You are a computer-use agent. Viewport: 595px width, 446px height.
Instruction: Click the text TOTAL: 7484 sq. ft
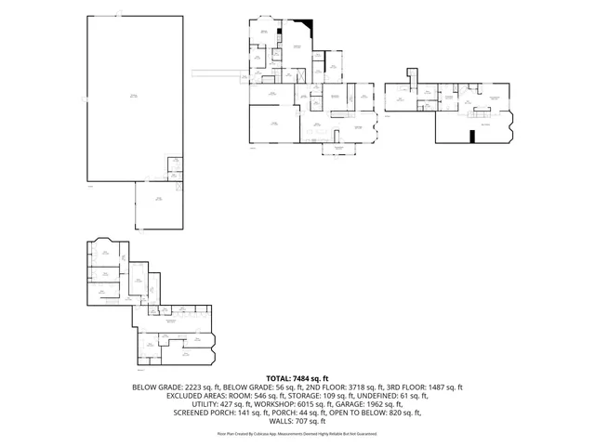297,378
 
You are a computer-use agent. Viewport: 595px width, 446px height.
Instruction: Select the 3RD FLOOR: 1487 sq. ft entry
430,387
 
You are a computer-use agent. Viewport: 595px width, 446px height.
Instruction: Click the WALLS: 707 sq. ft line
297,421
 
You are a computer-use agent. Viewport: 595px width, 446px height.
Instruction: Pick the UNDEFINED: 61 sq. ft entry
393,396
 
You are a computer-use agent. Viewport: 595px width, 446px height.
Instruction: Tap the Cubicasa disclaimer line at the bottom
297,433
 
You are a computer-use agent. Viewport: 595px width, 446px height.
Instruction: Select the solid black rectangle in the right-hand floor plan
472,137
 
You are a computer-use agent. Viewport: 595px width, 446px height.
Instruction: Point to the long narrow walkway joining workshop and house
219,72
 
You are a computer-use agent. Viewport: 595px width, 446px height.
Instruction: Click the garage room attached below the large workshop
159,204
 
